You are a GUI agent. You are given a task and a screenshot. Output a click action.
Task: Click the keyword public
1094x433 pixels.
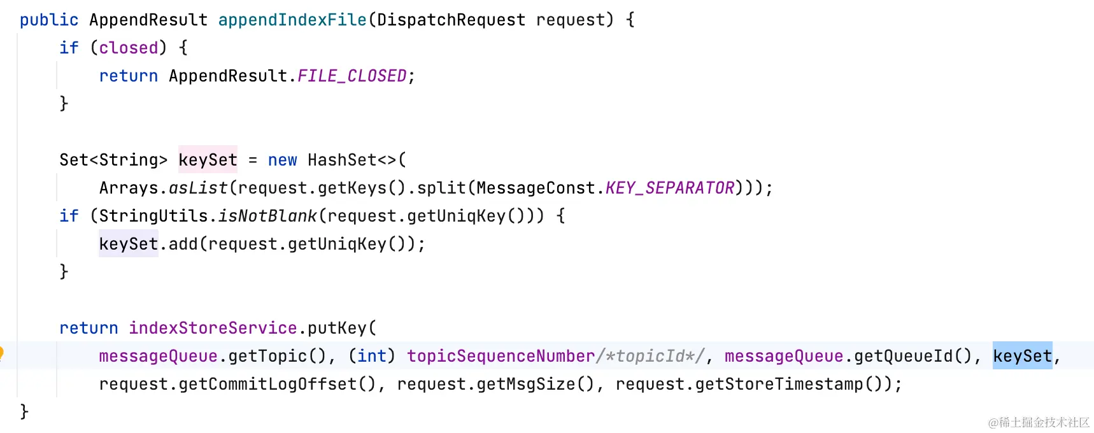[x=48, y=20]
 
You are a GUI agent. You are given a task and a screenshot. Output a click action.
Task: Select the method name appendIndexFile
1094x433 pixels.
[x=292, y=20]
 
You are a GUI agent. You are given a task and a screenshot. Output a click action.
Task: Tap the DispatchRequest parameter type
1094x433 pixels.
[x=451, y=20]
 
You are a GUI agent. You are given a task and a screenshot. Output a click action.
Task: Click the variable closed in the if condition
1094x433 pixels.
[x=128, y=48]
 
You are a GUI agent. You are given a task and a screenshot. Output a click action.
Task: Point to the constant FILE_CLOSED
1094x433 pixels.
[x=352, y=76]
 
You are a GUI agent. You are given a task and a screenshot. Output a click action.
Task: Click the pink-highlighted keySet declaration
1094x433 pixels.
[x=208, y=160]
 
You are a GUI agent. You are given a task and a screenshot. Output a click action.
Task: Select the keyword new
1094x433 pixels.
[x=282, y=160]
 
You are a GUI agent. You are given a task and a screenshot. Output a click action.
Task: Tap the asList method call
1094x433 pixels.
[x=198, y=188]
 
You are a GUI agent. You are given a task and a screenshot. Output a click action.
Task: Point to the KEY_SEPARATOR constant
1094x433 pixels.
[x=670, y=188]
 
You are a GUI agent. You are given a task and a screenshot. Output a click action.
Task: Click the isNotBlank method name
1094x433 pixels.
[x=267, y=216]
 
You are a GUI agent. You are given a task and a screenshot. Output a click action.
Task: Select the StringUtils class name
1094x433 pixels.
[x=153, y=216]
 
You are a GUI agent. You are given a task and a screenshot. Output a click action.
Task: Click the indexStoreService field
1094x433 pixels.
[x=213, y=329]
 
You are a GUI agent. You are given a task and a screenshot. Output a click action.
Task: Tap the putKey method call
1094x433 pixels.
[x=337, y=329]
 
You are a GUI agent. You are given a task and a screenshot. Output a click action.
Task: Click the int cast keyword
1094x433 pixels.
[x=372, y=357]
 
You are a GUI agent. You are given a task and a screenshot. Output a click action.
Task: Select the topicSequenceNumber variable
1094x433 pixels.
[x=501, y=357]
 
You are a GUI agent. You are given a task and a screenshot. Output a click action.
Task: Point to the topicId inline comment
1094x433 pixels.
[x=650, y=357]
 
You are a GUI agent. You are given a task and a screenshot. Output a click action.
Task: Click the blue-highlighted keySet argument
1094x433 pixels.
[x=1022, y=357]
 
